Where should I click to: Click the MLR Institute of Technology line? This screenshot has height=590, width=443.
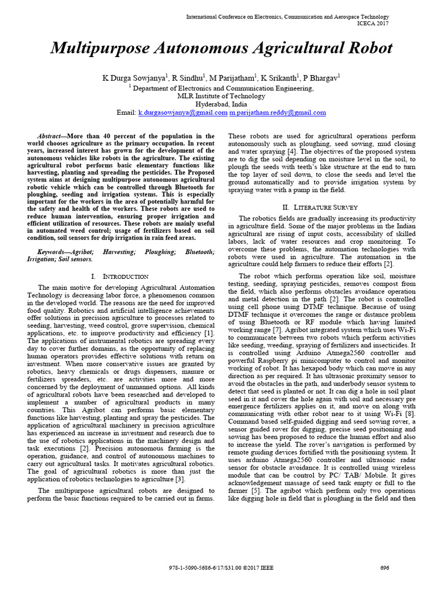(x=221, y=96)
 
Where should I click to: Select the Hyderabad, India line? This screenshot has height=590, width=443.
(x=221, y=104)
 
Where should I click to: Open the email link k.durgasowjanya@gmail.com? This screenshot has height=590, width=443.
(x=182, y=113)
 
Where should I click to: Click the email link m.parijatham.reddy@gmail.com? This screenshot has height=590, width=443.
(x=277, y=113)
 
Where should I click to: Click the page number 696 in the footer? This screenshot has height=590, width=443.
(x=385, y=568)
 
